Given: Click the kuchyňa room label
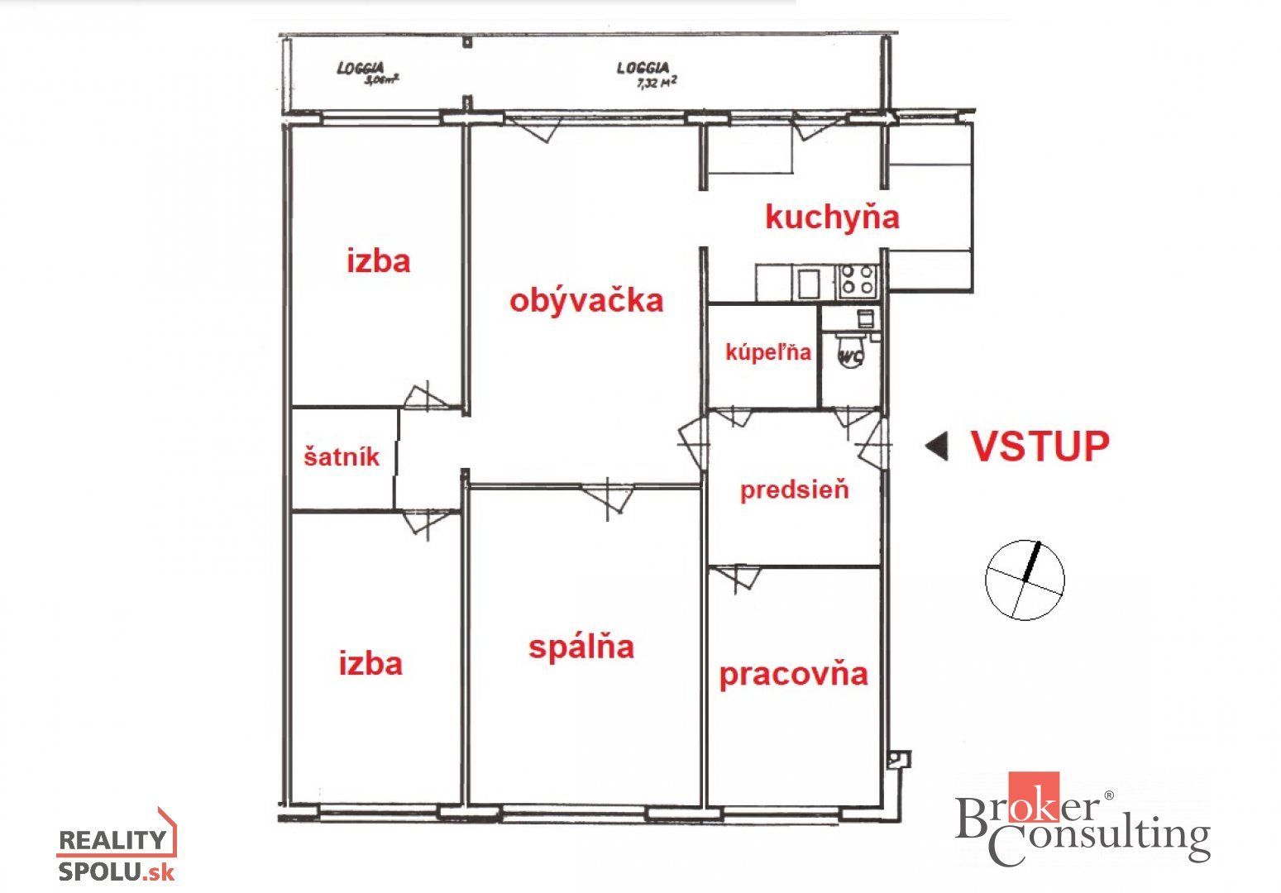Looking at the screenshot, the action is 832,218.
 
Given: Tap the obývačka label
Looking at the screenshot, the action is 586,301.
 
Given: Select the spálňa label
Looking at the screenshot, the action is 581,647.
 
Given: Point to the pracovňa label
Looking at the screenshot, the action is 793,675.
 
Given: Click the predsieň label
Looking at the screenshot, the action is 795,491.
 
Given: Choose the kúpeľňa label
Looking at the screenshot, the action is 768,351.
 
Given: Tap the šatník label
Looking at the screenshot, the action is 342,456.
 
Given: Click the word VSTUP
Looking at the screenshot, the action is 1040,446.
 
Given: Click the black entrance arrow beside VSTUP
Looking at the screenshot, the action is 937,446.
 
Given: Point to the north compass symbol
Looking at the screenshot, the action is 1025,580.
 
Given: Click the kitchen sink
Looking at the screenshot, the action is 809,284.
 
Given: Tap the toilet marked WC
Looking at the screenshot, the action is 851,351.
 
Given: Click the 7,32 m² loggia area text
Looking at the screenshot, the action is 657,83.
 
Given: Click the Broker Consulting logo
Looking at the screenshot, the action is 1083,818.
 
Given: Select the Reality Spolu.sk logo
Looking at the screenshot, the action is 117,847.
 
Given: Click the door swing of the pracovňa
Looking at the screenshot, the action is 738,579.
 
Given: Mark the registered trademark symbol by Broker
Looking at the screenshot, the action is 1108,795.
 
